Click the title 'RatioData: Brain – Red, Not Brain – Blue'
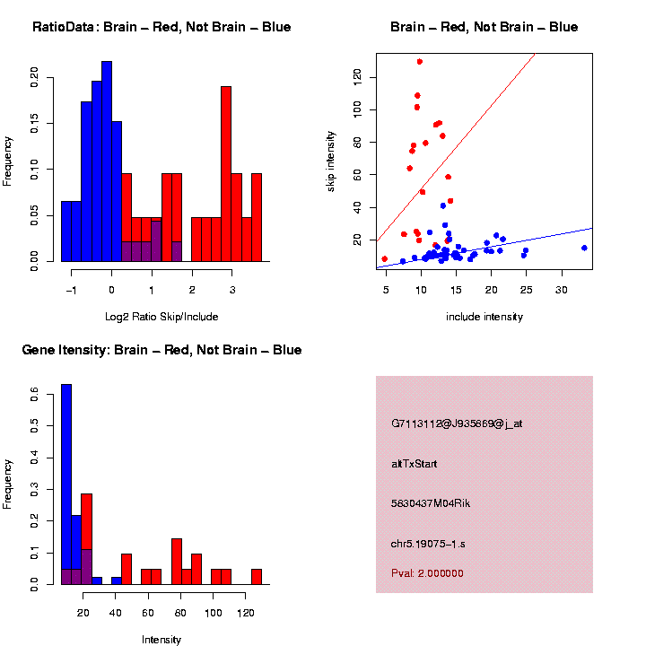point(161,27)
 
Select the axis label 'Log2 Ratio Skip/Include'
point(161,317)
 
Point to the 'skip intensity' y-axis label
point(331,161)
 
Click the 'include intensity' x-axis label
point(484,317)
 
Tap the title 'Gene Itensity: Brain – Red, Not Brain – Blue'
point(161,350)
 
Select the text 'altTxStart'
point(415,464)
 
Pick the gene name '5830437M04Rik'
point(431,503)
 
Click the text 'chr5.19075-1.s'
point(428,544)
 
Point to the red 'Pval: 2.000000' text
point(427,573)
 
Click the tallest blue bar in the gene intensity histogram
point(66,484)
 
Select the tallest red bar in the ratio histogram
point(226,173)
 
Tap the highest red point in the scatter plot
point(419,62)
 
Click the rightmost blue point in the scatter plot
point(584,248)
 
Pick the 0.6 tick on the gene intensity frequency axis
point(35,393)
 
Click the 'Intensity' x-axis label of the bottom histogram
point(161,640)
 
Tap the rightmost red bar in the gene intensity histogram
point(257,576)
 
